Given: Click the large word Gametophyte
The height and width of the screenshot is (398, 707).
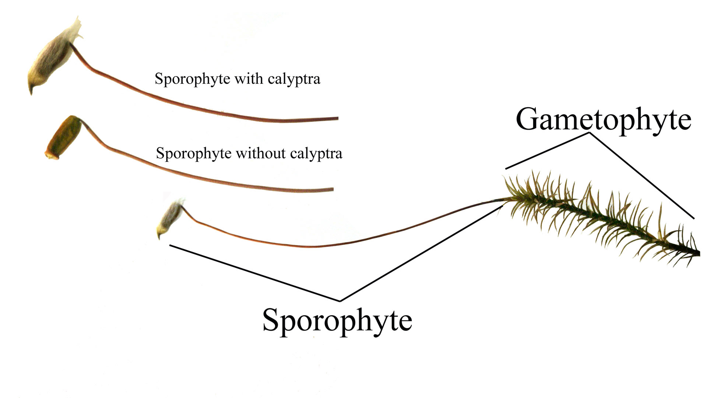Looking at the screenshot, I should click(603, 119).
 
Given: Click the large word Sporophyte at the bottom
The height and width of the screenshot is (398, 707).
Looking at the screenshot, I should click(337, 320).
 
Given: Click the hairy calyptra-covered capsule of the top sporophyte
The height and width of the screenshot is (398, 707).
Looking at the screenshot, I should click(52, 64).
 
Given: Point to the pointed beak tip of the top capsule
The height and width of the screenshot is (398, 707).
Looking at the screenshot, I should click(31, 92).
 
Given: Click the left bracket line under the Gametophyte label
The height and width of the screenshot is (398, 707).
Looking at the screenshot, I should click(547, 151).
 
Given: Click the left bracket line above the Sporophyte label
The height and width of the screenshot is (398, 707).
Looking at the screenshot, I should click(254, 273).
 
